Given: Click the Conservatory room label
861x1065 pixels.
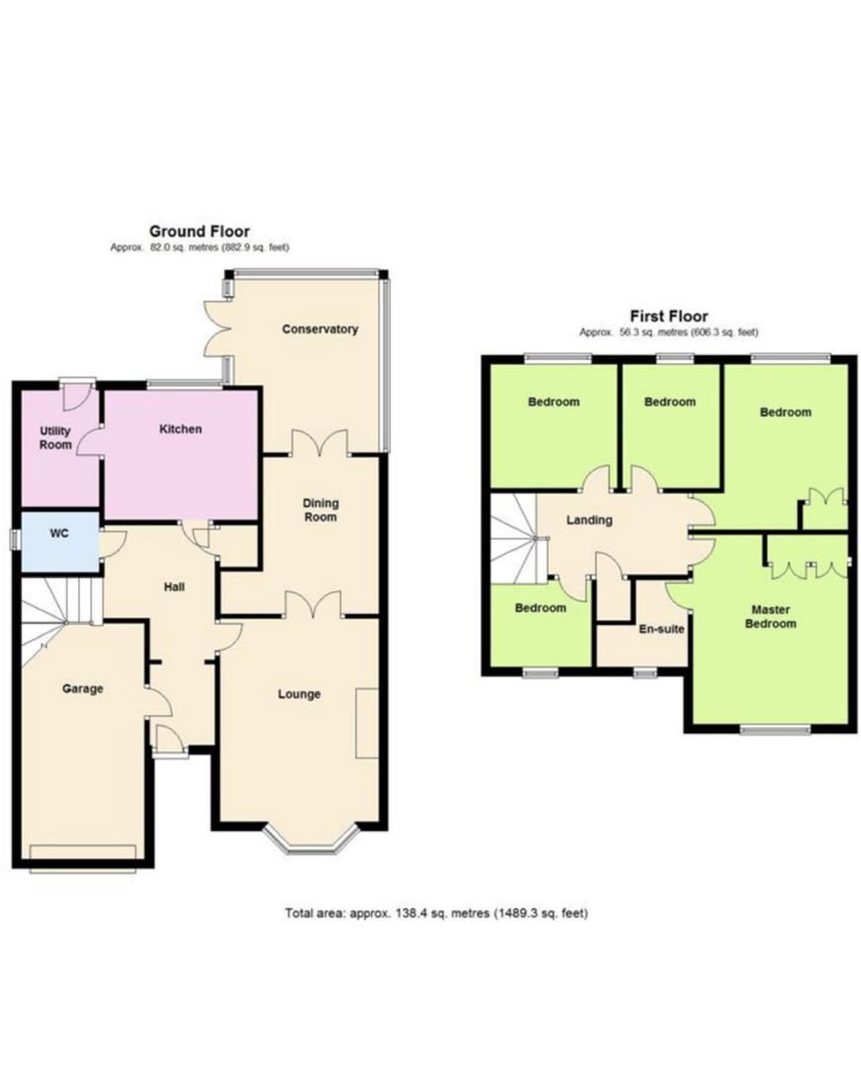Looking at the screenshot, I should (x=320, y=329).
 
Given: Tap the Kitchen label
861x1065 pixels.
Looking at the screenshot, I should (x=180, y=429).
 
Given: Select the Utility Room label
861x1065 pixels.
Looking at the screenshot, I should (x=55, y=439).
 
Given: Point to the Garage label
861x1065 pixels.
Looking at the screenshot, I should (x=83, y=688).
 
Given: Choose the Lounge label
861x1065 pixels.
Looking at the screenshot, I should (x=299, y=694).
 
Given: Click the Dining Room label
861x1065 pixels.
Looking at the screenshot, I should (x=321, y=510).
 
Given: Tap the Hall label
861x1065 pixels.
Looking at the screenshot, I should (x=175, y=588).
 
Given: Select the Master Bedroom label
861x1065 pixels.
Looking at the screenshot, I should (x=769, y=616).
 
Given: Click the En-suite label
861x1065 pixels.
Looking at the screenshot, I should (x=663, y=628).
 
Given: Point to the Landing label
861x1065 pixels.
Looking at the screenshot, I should (x=590, y=521).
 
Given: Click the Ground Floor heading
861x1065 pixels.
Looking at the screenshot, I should (x=199, y=232).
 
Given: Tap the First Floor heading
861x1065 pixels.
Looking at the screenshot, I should (x=669, y=317).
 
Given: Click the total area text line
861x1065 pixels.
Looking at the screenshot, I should (x=436, y=913).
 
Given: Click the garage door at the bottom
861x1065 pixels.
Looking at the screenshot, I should (x=83, y=854).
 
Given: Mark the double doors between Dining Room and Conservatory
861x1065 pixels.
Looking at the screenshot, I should (x=320, y=443).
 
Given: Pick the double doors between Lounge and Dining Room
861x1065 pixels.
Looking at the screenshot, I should (x=313, y=604).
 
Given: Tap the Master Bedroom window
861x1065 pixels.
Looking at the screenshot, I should (x=775, y=730).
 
